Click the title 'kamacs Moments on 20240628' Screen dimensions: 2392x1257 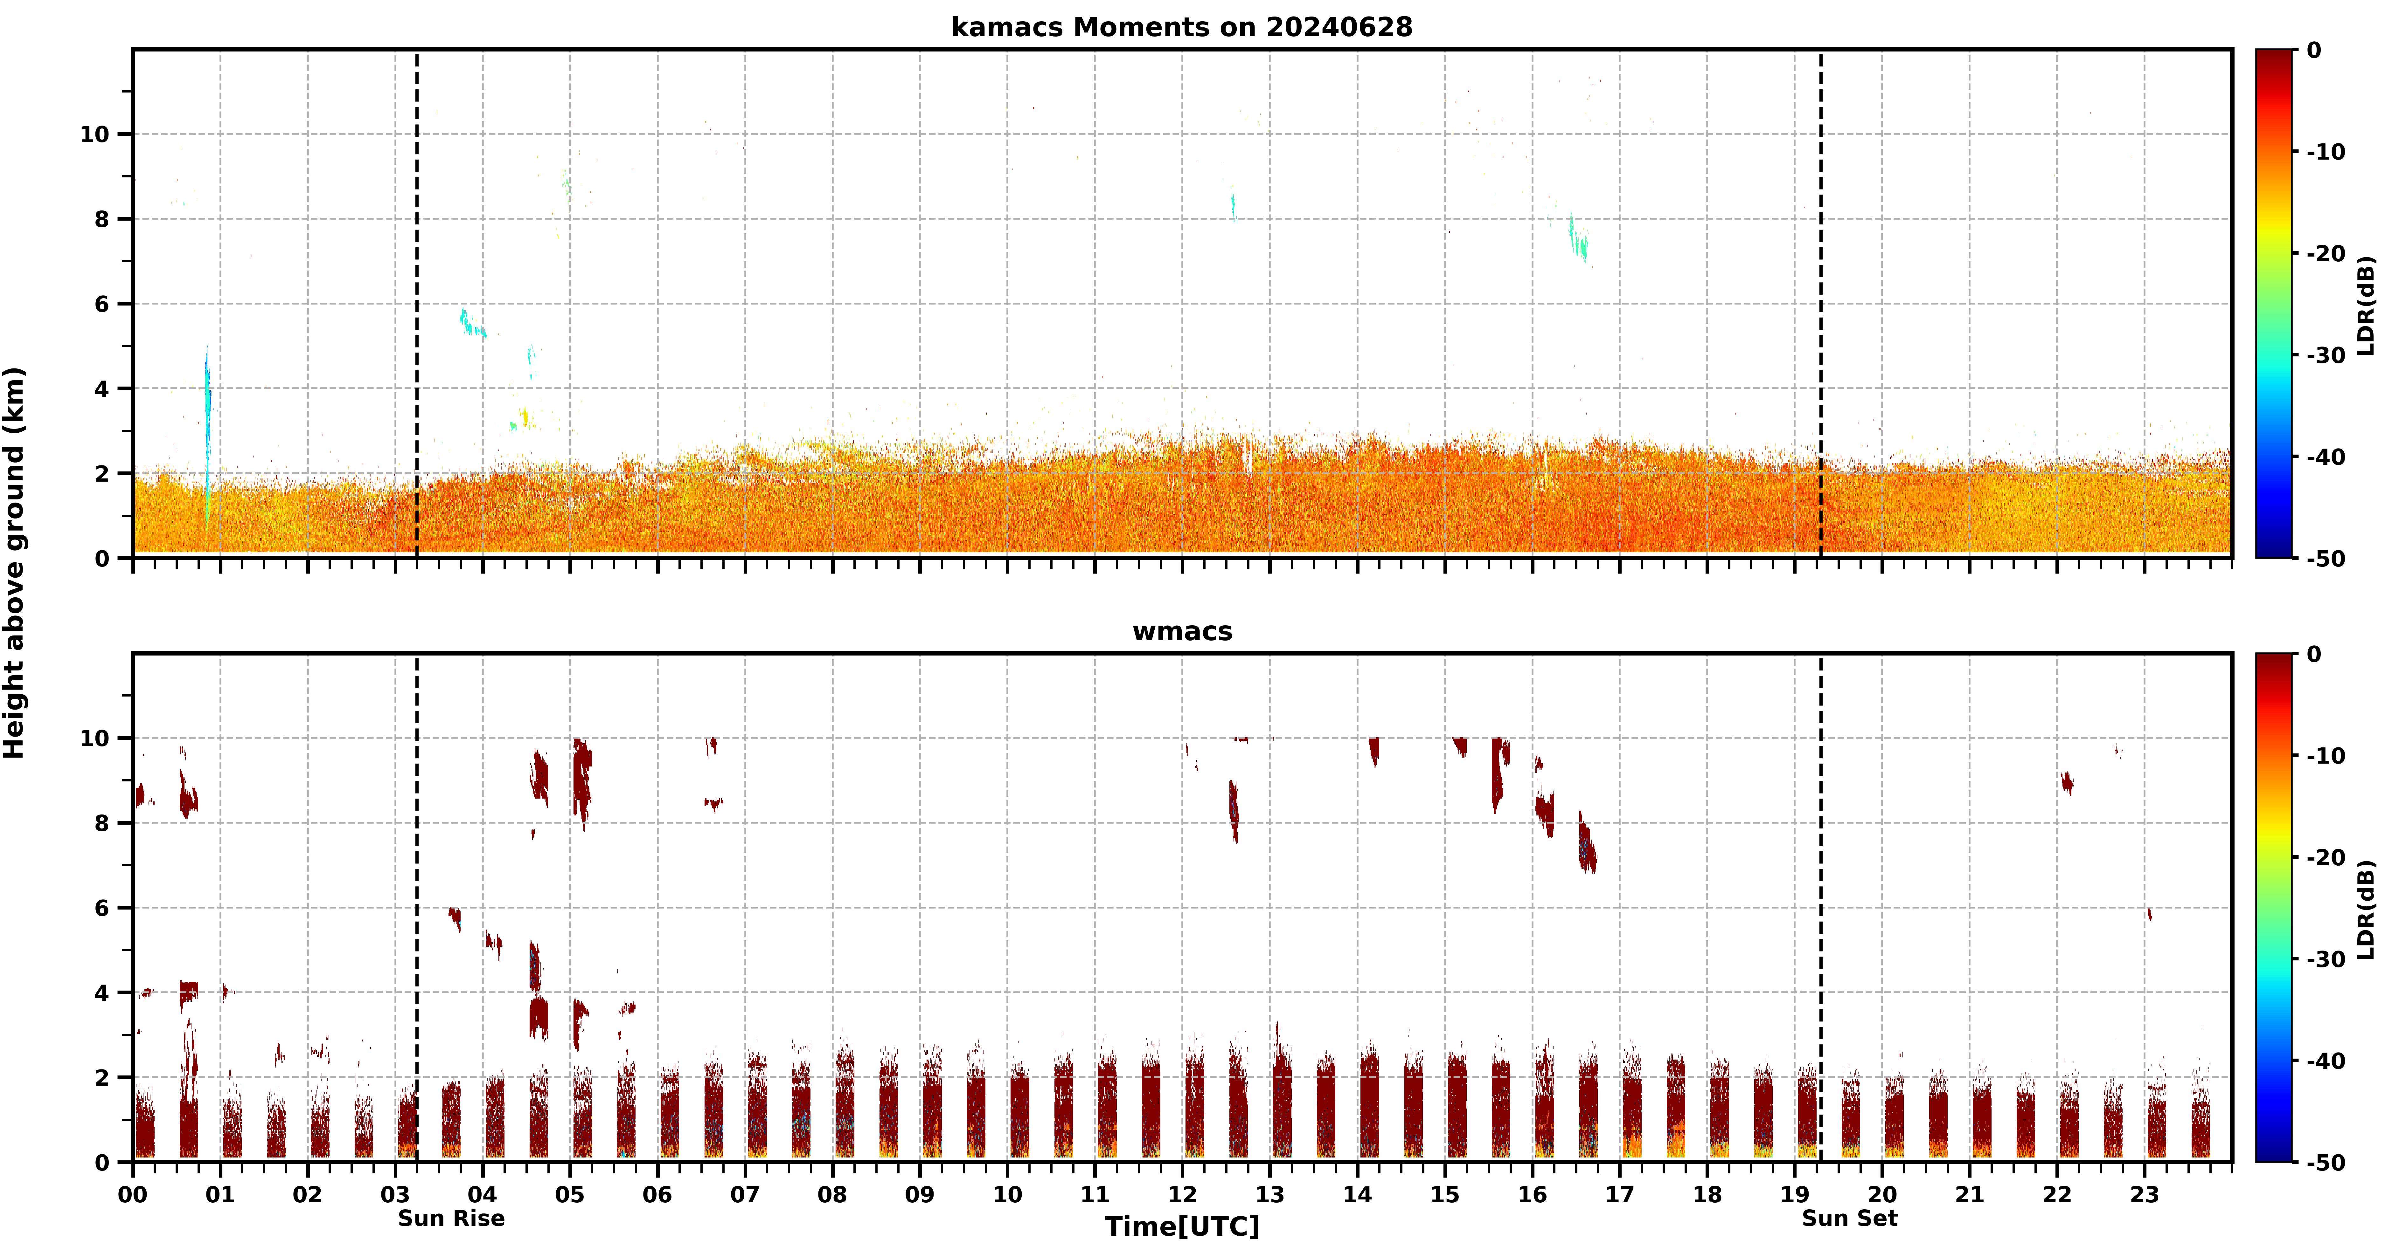pos(1182,27)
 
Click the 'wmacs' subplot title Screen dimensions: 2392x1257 pos(1182,631)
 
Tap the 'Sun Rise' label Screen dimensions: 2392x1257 pos(451,1219)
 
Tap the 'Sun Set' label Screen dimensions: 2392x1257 pos(1850,1219)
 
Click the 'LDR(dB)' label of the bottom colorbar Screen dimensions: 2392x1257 pos(2366,910)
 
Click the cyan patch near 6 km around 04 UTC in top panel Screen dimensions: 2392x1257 pos(472,322)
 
